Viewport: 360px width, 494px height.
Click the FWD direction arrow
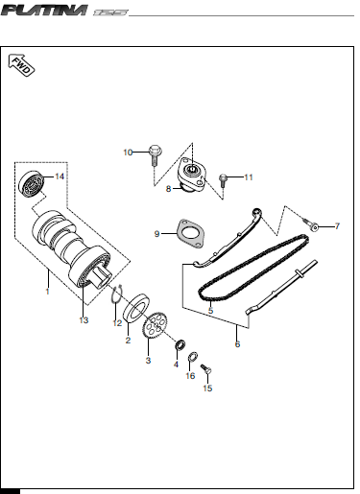point(21,64)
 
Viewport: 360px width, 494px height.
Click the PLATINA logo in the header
point(44,11)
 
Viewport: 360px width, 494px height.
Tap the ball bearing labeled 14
point(31,184)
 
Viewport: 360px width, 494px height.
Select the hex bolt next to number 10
point(156,155)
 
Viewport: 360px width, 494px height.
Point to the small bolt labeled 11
point(223,180)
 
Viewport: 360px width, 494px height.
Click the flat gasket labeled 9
point(190,234)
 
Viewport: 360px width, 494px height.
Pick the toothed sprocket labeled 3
point(156,325)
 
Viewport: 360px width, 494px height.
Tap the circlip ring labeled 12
point(117,294)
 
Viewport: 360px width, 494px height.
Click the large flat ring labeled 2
point(136,307)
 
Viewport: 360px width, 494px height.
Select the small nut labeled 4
point(180,344)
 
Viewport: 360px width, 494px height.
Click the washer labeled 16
point(193,356)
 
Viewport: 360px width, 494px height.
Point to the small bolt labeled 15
point(206,369)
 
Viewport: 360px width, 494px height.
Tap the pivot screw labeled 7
point(310,223)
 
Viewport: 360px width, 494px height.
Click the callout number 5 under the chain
point(210,311)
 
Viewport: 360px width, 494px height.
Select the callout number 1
point(47,292)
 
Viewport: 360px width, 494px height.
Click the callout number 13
point(84,320)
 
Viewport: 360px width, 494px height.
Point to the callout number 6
point(237,344)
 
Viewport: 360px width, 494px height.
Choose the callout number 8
point(168,189)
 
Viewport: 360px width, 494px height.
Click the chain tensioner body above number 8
point(191,174)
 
